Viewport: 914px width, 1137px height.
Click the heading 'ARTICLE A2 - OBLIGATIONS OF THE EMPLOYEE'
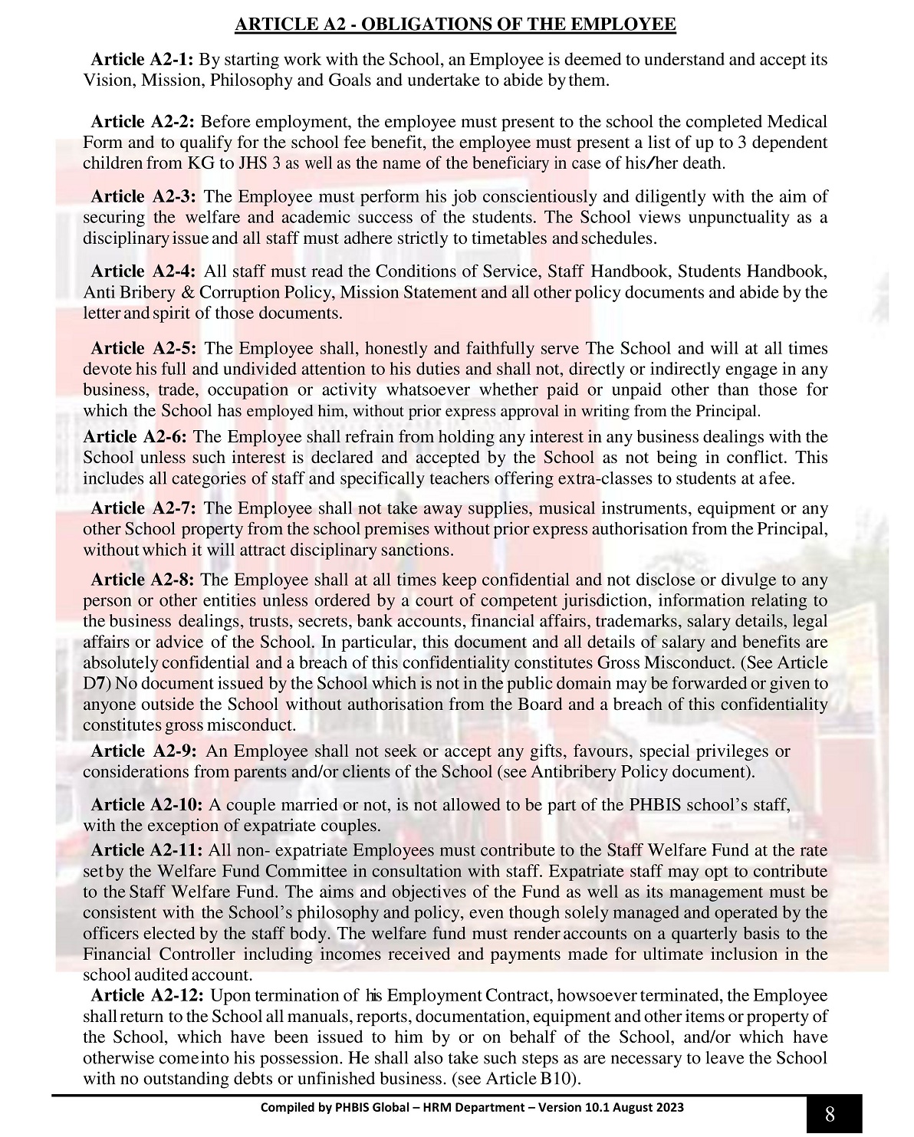(455, 25)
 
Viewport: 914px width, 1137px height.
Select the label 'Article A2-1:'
(142, 60)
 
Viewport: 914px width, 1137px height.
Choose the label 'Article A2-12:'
(146, 996)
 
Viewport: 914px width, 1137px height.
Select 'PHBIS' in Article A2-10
(652, 805)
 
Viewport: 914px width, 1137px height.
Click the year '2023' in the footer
(670, 1108)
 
